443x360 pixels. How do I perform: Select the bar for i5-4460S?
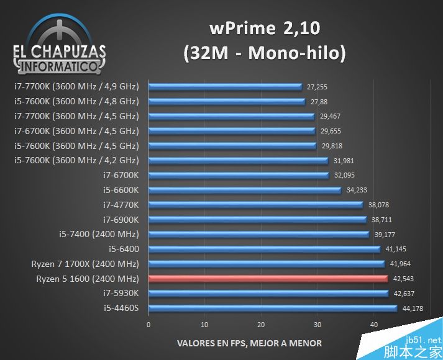tap(273, 308)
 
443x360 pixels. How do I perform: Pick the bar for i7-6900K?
tap(257, 219)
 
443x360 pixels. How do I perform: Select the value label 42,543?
tap(404, 279)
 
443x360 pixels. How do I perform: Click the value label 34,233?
tap(357, 190)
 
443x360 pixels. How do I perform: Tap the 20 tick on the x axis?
tap(261, 325)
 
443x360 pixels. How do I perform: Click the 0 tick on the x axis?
tap(148, 325)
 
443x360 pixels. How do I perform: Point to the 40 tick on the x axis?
tap(373, 325)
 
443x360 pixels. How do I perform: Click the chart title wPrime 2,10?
tap(266, 28)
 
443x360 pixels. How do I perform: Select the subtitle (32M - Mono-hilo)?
tap(265, 53)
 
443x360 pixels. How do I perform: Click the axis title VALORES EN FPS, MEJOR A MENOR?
tap(250, 343)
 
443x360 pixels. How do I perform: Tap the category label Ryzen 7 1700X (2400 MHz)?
tap(85, 264)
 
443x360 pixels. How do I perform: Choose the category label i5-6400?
tap(124, 249)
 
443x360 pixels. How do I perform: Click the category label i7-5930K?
tap(121, 293)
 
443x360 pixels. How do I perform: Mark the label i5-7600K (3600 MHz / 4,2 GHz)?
tap(76, 160)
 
